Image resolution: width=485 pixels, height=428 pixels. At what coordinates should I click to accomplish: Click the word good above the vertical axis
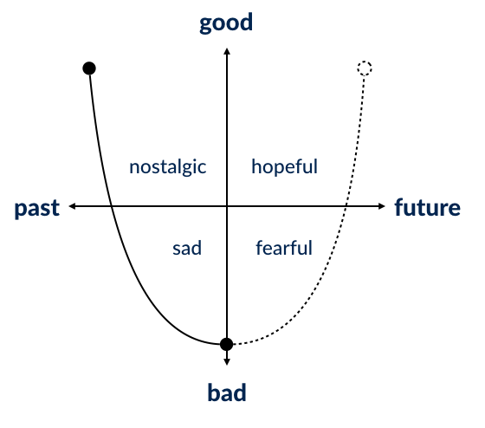tap(226, 23)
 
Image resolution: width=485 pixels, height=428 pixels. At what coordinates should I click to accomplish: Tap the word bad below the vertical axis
tap(227, 392)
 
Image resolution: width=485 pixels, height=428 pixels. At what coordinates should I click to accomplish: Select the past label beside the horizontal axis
tap(37, 208)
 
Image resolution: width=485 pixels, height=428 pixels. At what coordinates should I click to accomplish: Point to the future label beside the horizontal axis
tap(428, 207)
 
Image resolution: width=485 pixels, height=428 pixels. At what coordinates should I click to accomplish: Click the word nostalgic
tap(168, 167)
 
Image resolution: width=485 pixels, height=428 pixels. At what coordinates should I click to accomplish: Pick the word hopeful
tap(285, 166)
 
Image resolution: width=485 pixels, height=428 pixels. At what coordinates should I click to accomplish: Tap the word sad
tap(187, 248)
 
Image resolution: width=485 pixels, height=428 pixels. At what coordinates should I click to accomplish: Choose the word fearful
tap(284, 248)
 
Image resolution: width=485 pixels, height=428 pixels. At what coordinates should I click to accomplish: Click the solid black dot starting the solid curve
tap(89, 68)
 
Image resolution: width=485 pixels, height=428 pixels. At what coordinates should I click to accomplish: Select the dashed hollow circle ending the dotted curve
tap(365, 68)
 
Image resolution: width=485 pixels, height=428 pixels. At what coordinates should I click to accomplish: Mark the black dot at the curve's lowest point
tap(226, 344)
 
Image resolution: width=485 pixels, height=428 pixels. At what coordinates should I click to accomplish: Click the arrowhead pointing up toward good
tap(227, 51)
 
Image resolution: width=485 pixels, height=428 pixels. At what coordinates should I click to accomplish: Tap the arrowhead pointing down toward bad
tap(227, 362)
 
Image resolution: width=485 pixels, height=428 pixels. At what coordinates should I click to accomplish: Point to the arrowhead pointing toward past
tap(72, 206)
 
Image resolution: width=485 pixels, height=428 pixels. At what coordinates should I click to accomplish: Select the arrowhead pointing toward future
tap(381, 206)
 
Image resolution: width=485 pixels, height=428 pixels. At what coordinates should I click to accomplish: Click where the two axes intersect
tap(227, 206)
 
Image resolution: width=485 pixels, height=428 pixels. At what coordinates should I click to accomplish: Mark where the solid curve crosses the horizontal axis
tap(111, 206)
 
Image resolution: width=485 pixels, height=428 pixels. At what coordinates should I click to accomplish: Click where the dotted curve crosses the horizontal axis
tap(346, 206)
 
